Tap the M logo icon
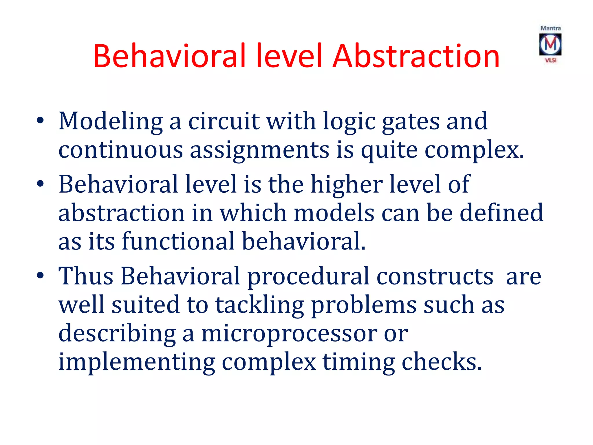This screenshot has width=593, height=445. pyautogui.click(x=550, y=44)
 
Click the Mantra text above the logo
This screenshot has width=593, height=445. pyautogui.click(x=550, y=28)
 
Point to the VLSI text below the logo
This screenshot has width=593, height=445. pyautogui.click(x=551, y=60)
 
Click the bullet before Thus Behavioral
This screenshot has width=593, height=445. pyautogui.click(x=40, y=275)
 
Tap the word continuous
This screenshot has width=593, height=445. pyautogui.click(x=121, y=150)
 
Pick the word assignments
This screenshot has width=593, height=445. pyautogui.click(x=259, y=151)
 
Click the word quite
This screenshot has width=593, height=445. pyautogui.click(x=389, y=151)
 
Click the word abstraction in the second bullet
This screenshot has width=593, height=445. pyautogui.click(x=121, y=213)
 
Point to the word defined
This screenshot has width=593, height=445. pyautogui.click(x=501, y=213)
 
